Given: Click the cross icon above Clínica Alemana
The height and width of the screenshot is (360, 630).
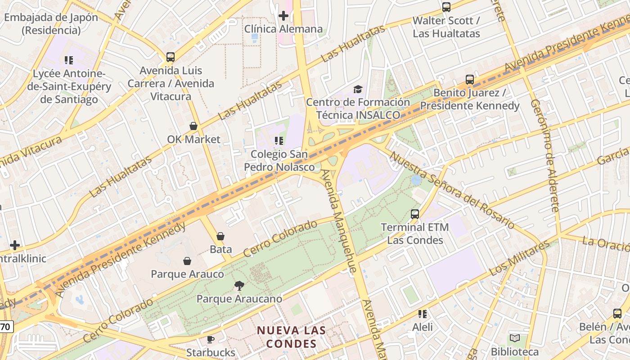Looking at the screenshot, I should tap(283, 16).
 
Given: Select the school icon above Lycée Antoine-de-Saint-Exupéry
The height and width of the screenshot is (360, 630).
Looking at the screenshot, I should tap(69, 60).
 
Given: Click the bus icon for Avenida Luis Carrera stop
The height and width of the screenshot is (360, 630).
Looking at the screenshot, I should tap(171, 57).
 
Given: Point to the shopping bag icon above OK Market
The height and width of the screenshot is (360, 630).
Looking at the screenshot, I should tap(193, 126).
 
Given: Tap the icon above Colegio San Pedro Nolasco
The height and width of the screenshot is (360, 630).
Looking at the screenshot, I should tap(279, 141).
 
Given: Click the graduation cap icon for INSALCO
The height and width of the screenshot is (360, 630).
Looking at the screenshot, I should tap(358, 89).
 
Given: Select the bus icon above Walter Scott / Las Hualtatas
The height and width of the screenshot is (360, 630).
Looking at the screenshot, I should tap(446, 7).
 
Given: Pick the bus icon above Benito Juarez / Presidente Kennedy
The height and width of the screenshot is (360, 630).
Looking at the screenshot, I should tap(470, 80).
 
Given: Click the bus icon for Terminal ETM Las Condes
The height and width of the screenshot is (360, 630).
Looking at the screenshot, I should tap(415, 214).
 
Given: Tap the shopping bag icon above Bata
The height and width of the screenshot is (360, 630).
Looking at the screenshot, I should tap(220, 236).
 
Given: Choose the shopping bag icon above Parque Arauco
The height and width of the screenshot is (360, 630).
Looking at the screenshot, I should tap(187, 261).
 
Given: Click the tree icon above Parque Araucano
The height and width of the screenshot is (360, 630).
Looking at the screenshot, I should tap(239, 285).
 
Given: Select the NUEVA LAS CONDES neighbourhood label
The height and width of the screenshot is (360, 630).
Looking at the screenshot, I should tap(291, 337).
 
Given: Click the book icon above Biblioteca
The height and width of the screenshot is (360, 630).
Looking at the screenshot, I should tap(515, 338).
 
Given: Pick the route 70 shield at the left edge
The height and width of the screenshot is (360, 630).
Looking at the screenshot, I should tap(5, 327).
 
